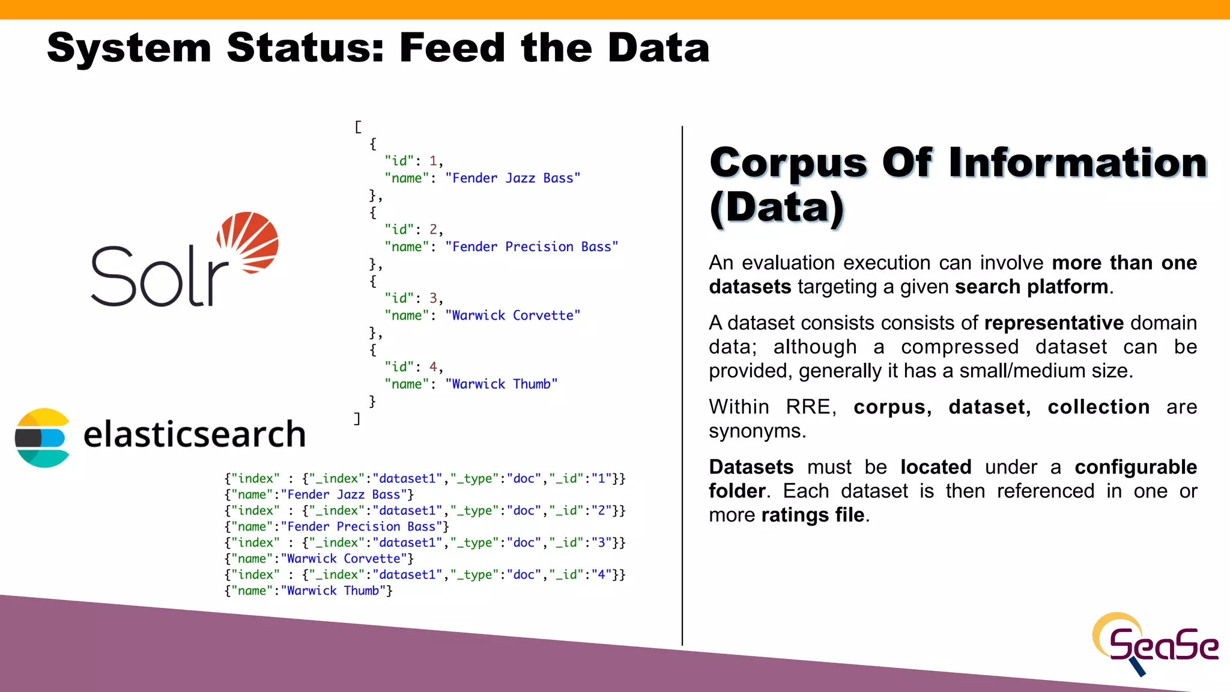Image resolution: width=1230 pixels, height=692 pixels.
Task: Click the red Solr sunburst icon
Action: (248, 241)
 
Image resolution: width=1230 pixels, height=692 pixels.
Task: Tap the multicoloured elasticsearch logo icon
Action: (41, 437)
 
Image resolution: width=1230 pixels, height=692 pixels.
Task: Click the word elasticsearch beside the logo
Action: (194, 434)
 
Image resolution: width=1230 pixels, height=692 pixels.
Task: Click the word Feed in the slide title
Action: (452, 48)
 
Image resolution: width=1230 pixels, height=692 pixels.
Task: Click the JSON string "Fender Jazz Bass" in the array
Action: (512, 178)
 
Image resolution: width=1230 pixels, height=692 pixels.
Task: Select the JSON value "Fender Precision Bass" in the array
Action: (532, 247)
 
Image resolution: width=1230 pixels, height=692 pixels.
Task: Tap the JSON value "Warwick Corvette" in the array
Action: (512, 315)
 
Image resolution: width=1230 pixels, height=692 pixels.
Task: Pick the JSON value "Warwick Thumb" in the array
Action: (501, 384)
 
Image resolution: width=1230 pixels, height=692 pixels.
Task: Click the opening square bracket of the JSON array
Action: (358, 127)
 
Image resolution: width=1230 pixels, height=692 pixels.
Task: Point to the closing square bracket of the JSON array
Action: (357, 418)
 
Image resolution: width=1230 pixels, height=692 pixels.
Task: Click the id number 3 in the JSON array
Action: (433, 298)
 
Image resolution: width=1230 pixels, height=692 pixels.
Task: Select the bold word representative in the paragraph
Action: (1053, 323)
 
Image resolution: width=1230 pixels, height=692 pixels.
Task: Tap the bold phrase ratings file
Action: (813, 515)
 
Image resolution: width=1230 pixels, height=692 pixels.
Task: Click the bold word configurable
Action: (1135, 467)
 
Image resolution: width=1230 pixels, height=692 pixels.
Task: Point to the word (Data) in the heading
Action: (777, 208)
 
